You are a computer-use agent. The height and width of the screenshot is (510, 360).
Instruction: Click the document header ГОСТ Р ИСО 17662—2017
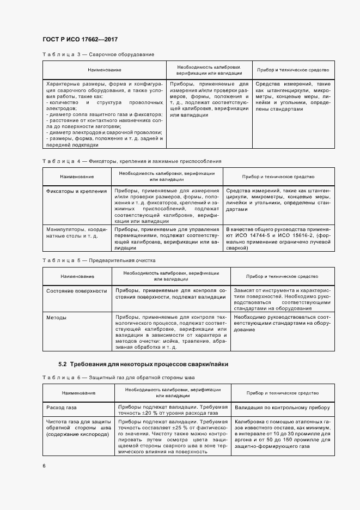[80, 39]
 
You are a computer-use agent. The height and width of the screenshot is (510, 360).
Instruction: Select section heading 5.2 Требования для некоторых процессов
[143, 363]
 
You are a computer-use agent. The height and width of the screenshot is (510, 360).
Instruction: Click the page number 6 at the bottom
[44, 465]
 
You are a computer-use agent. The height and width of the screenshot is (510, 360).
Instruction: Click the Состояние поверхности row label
[77, 291]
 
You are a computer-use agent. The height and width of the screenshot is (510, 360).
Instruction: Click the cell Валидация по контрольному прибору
[283, 407]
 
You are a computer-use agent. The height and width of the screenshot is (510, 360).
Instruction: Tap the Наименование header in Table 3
[105, 70]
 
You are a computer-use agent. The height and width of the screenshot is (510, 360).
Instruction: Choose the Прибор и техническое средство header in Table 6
[283, 393]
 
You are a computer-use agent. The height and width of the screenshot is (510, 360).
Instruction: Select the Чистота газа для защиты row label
[78, 422]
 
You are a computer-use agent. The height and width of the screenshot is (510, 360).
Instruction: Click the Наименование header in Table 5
[77, 276]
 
